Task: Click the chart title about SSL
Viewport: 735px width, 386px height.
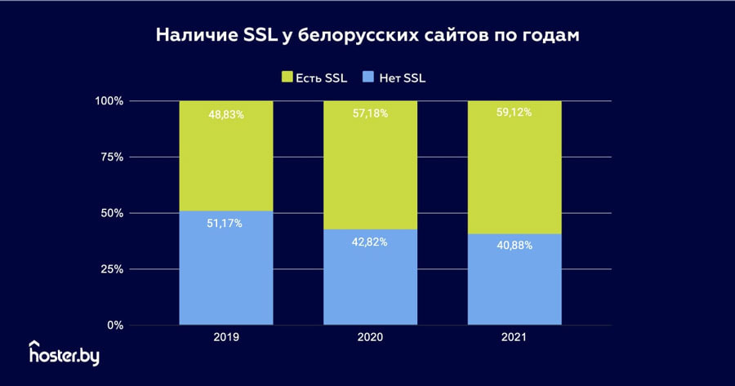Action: pos(367,37)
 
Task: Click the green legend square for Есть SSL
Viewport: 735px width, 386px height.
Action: pos(287,78)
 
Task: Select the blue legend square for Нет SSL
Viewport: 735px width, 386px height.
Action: pos(368,78)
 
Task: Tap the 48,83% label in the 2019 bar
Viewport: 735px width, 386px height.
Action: pos(226,115)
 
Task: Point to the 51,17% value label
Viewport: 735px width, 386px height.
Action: pos(226,224)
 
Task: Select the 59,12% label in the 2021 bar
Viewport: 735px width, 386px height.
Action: pos(514,113)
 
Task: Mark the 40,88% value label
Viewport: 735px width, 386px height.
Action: pos(514,245)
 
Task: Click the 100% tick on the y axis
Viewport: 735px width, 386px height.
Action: pos(109,101)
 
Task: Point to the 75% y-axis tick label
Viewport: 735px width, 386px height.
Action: pos(112,157)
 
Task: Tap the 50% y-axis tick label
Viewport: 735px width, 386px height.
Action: pos(112,213)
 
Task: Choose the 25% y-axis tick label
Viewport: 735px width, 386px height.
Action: pos(112,269)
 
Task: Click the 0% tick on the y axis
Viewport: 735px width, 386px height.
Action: pos(115,325)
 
